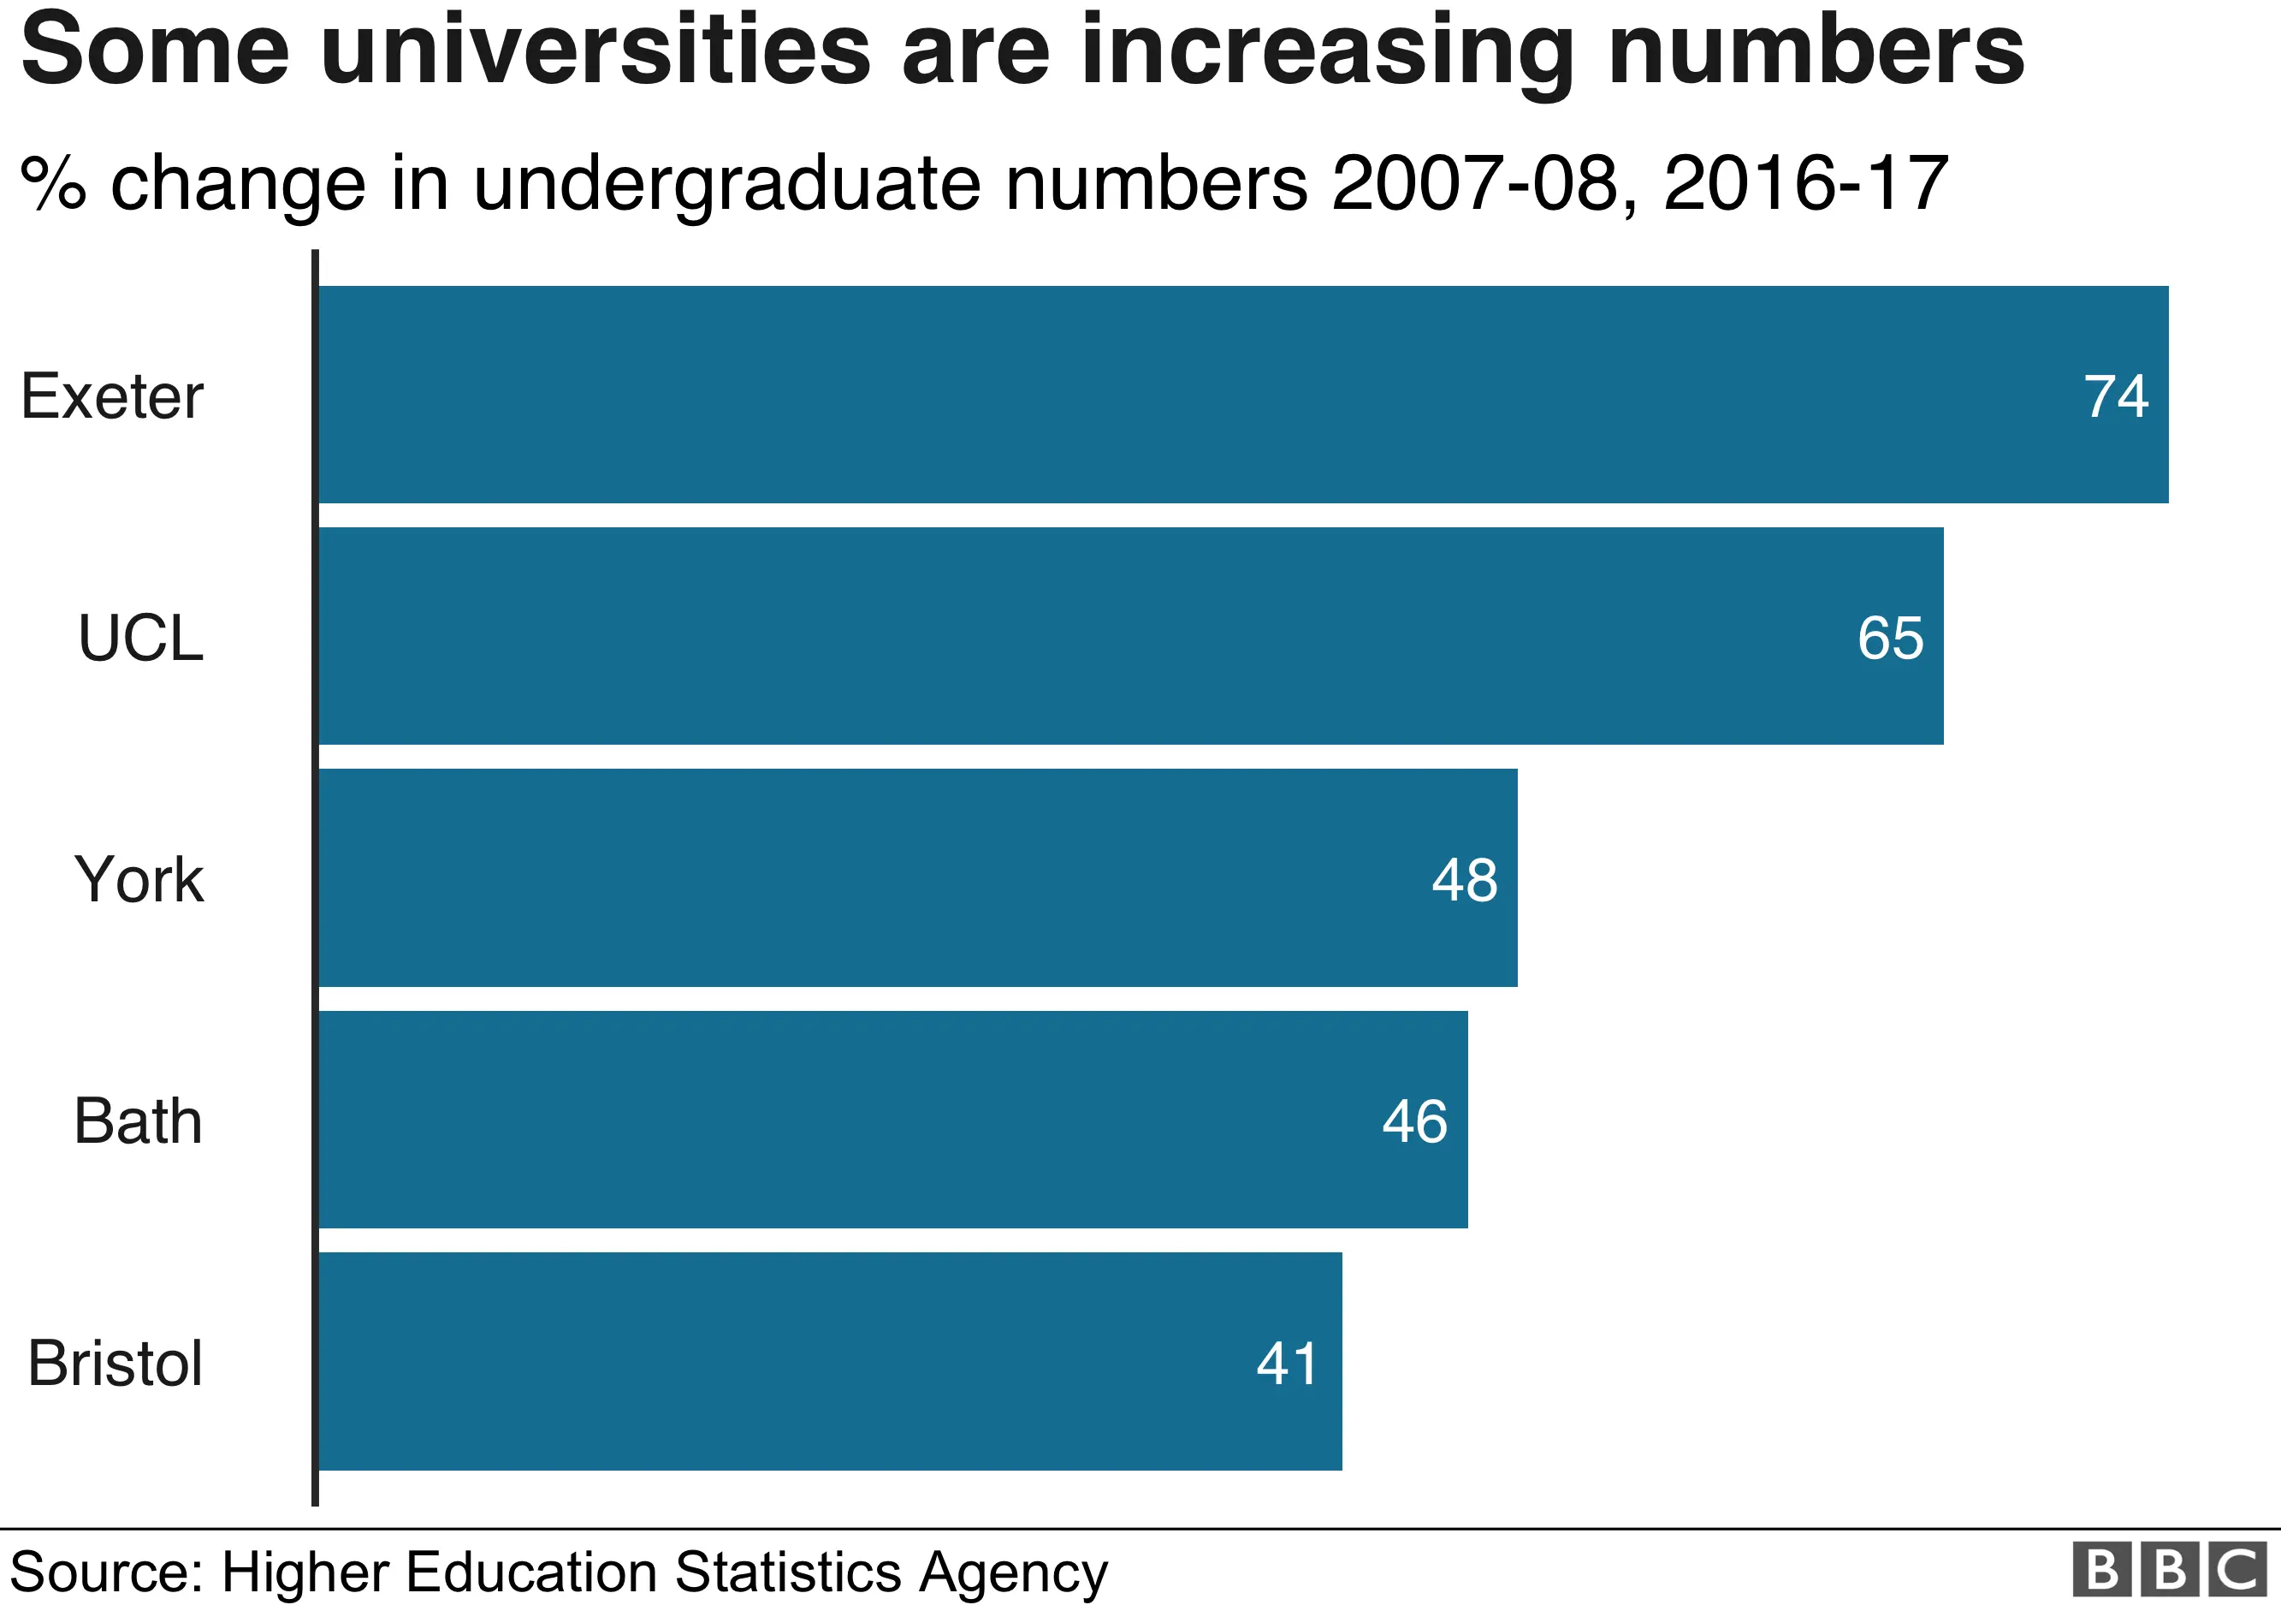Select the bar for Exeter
(x=1241, y=395)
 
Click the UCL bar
(x=1130, y=636)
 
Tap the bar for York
(x=918, y=877)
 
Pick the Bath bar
(x=892, y=1119)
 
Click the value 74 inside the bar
(x=2115, y=396)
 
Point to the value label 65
(x=1890, y=638)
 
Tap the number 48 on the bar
(x=1465, y=879)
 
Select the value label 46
(x=1414, y=1121)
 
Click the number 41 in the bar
(x=1287, y=1363)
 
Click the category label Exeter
(x=111, y=396)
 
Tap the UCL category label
(x=140, y=638)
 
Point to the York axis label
(x=139, y=879)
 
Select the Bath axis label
(x=138, y=1121)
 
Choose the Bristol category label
(x=116, y=1363)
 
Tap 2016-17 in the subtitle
(x=1805, y=184)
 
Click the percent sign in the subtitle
(x=53, y=184)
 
